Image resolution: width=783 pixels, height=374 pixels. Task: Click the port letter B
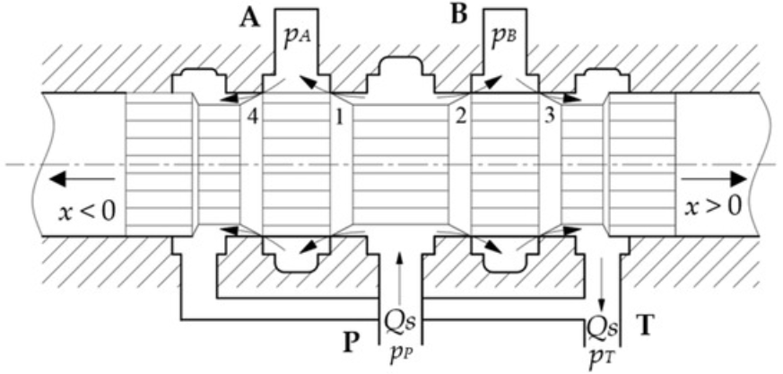coord(460,16)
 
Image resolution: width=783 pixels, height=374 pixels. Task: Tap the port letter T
coord(644,325)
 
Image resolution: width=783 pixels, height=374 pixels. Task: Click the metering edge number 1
coord(339,116)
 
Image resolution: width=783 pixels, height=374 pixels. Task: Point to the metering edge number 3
coord(545,116)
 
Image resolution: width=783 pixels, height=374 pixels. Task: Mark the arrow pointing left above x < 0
coord(71,179)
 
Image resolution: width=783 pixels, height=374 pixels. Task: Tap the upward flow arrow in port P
coord(399,278)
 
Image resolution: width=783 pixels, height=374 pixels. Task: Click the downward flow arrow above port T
coord(602,287)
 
